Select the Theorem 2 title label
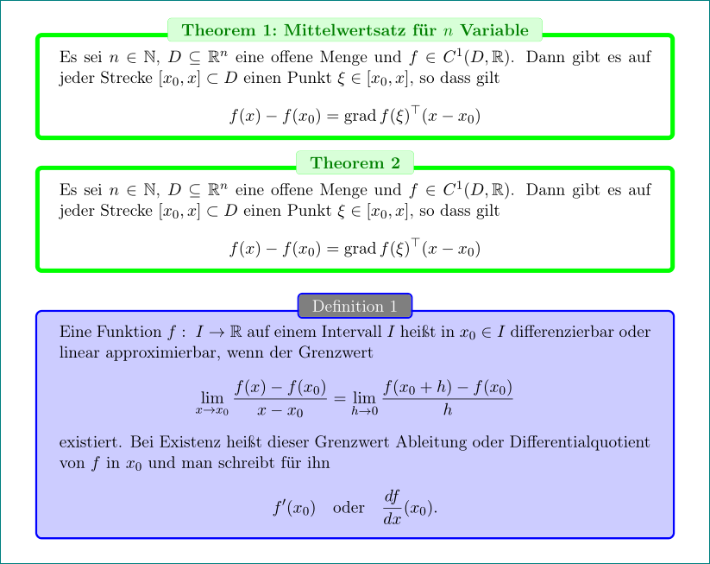pos(355,162)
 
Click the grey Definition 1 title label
pos(355,307)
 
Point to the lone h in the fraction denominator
pos(447,410)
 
